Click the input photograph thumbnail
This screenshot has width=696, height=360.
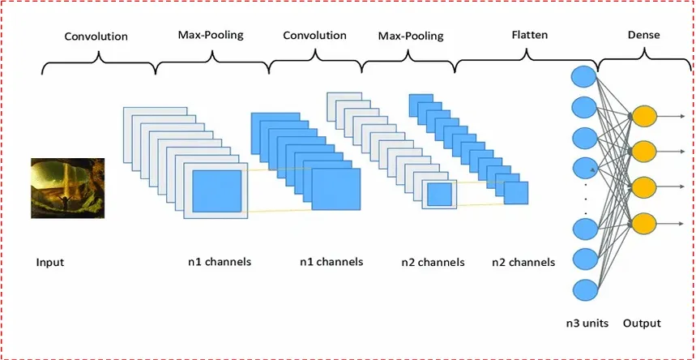68,188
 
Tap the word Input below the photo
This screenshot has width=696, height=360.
50,263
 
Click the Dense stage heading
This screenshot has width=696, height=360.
643,36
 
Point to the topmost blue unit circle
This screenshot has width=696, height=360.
584,77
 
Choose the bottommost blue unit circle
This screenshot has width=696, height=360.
584,289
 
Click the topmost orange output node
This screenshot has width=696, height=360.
643,116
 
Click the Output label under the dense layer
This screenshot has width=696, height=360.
643,323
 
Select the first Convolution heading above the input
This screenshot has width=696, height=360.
96,36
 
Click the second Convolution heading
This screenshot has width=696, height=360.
315,36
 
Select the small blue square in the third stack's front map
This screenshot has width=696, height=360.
439,194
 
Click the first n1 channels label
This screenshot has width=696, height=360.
219,262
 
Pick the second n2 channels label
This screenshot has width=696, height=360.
523,262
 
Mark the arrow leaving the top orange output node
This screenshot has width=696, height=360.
673,116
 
